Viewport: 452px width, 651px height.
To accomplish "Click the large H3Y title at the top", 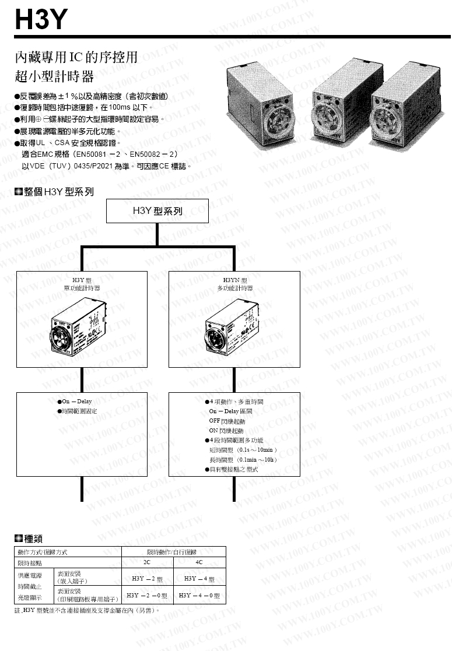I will click(x=41, y=20).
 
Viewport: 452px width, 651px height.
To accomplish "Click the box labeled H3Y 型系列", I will click(x=157, y=211).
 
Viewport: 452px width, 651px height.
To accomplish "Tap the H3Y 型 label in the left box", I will click(x=82, y=280).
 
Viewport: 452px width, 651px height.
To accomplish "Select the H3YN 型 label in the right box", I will click(x=234, y=280).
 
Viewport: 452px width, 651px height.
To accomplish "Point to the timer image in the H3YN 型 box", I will click(x=234, y=329).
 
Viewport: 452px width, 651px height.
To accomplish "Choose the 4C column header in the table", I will click(x=199, y=563).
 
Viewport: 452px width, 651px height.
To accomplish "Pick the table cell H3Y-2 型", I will click(x=147, y=579).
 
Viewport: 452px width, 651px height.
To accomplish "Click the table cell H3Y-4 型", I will click(x=199, y=579).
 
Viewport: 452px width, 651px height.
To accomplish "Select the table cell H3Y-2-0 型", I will click(x=147, y=596).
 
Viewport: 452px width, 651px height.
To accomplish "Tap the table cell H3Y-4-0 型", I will click(x=199, y=596).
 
